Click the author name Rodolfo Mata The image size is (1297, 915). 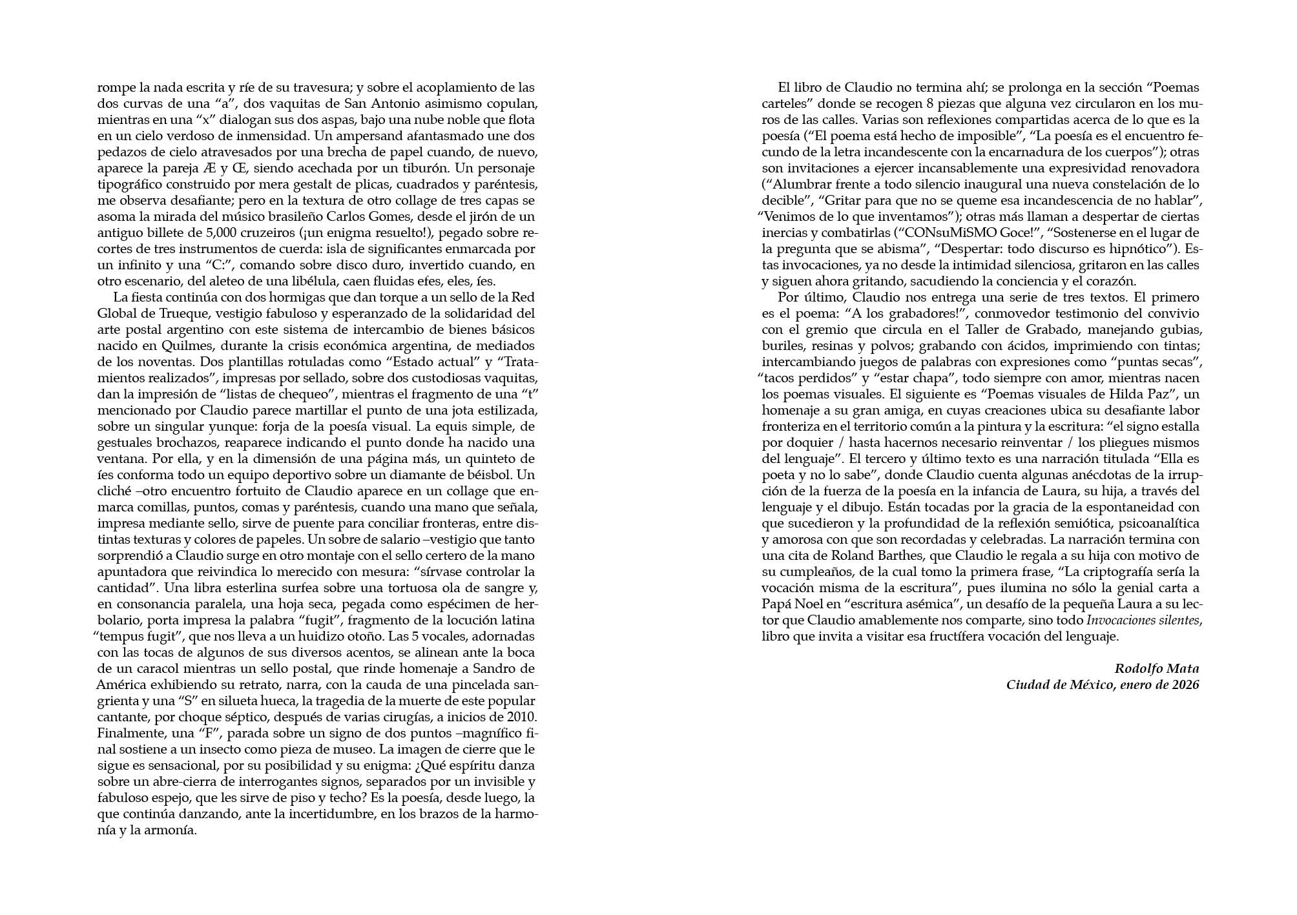pos(1156,668)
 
